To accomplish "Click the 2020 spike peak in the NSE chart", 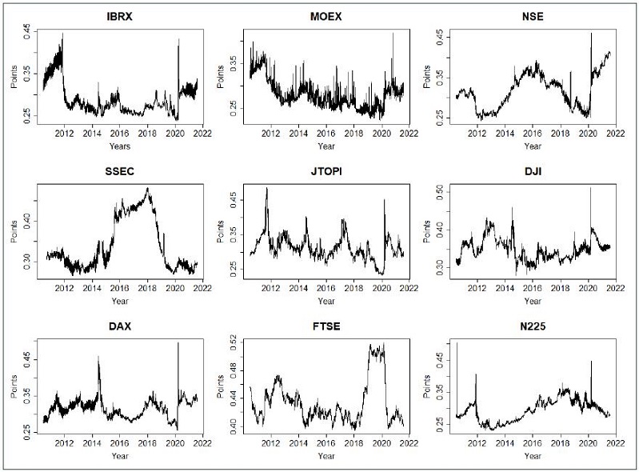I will point(591,33).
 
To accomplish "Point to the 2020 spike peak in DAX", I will point(178,342).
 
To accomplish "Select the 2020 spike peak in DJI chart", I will point(591,188).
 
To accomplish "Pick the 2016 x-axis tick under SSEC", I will point(119,289).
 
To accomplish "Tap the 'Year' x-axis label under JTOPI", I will point(325,301).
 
